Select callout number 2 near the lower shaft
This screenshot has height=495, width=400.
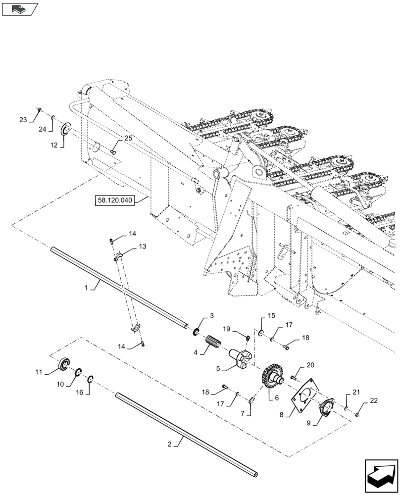(170, 444)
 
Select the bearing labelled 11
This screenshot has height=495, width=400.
(64, 365)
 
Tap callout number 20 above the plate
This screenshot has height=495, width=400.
(310, 365)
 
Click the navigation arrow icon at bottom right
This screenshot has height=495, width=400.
(380, 476)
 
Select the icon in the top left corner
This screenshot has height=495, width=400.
(20, 8)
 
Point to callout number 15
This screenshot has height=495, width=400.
(271, 316)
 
